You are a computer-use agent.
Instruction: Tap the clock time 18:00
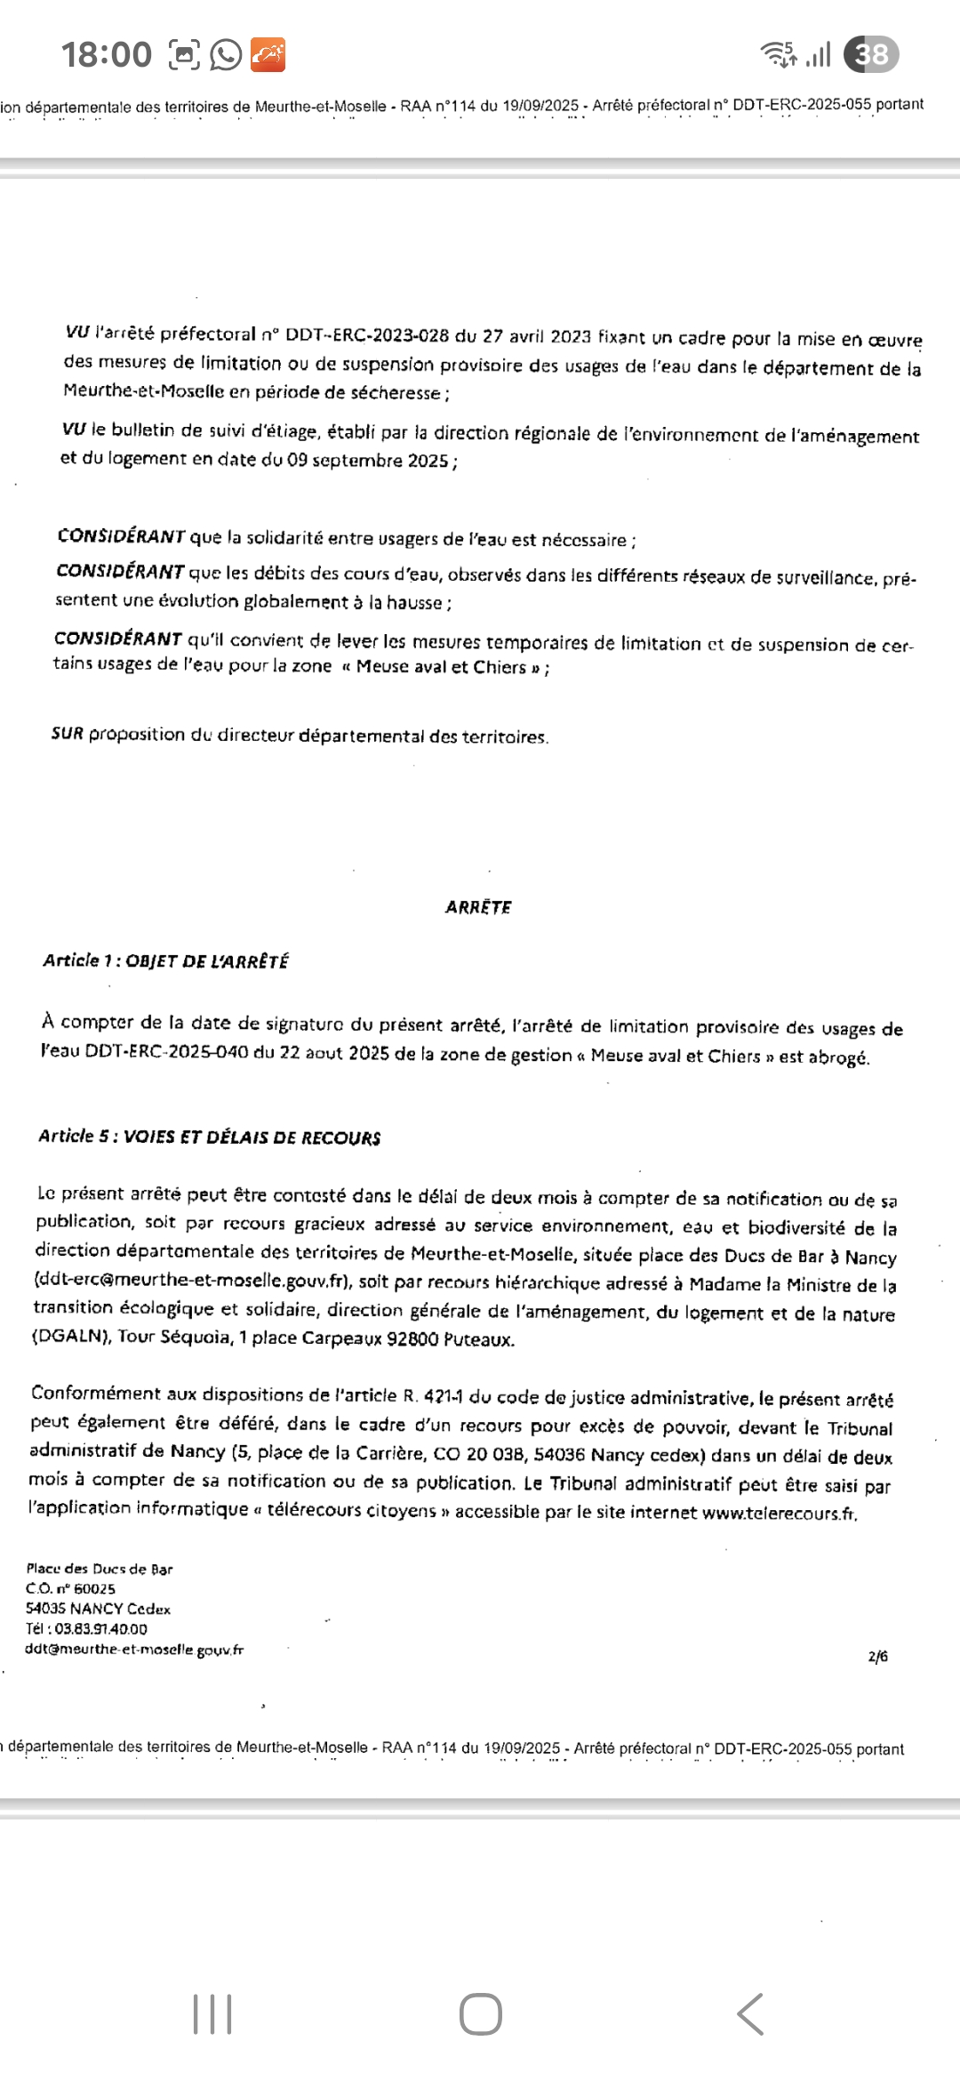click(x=107, y=55)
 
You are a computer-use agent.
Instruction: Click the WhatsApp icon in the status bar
click(x=226, y=55)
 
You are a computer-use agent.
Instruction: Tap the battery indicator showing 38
click(x=871, y=55)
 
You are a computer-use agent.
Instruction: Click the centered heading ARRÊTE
click(x=478, y=907)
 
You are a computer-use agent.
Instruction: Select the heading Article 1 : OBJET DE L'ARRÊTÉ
click(x=165, y=961)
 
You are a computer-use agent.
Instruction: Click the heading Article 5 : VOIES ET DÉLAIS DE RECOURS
click(x=210, y=1137)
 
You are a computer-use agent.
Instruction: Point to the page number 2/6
click(x=877, y=1656)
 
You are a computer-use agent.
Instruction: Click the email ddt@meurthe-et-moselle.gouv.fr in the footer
click(x=134, y=1650)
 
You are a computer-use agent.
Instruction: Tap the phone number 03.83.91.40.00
click(x=100, y=1629)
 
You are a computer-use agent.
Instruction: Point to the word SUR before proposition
click(x=68, y=734)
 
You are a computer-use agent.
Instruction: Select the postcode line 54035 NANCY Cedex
click(x=98, y=1609)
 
